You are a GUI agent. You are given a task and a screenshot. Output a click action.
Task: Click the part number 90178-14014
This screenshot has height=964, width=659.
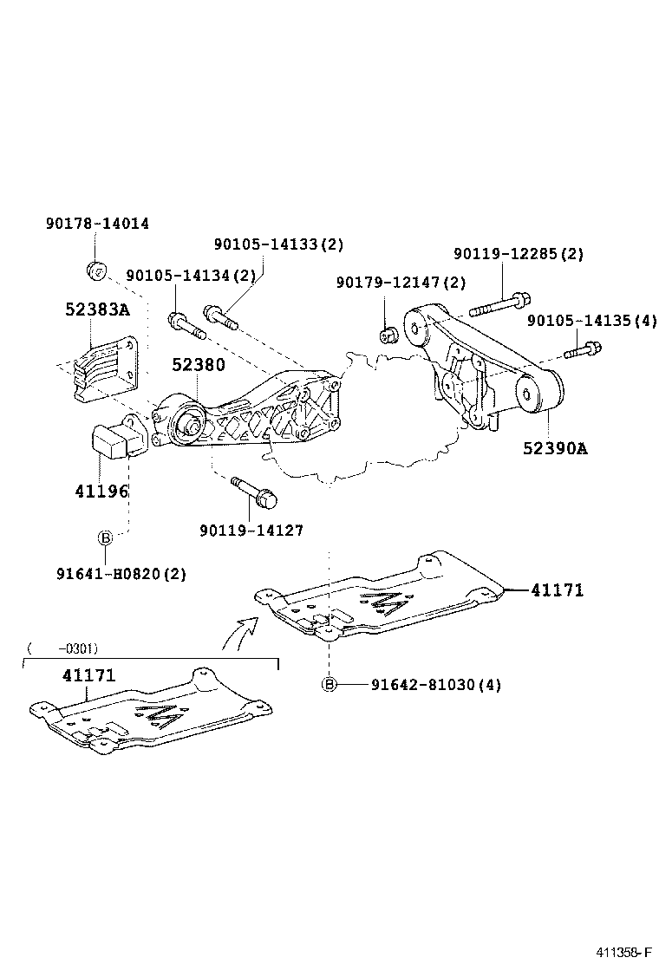97,224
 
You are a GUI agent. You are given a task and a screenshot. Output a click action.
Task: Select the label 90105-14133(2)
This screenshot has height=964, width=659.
278,245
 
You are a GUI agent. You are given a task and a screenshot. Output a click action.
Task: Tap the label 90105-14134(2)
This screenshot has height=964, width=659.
191,276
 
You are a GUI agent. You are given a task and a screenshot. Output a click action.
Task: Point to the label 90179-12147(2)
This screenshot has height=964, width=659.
401,283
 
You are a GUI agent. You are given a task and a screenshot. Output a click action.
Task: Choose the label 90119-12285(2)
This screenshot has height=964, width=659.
519,254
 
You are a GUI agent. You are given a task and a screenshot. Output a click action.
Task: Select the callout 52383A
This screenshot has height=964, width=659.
97,309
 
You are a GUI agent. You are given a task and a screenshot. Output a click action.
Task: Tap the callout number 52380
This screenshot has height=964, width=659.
198,365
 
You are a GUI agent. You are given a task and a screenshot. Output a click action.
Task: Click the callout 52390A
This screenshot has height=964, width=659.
555,448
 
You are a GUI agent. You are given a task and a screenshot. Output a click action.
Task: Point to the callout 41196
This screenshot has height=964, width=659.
101,491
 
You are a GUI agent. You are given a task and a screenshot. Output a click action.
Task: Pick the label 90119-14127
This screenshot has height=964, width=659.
251,530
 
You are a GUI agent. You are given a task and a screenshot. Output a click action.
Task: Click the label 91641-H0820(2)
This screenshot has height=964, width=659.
121,573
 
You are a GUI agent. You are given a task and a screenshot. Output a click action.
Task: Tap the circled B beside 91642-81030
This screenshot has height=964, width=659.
329,685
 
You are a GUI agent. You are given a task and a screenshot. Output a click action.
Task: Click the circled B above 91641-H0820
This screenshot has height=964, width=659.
105,539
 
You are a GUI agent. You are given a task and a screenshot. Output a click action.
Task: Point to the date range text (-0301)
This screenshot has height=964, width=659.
62,648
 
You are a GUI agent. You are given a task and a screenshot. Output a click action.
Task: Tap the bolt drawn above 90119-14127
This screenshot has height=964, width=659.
254,492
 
